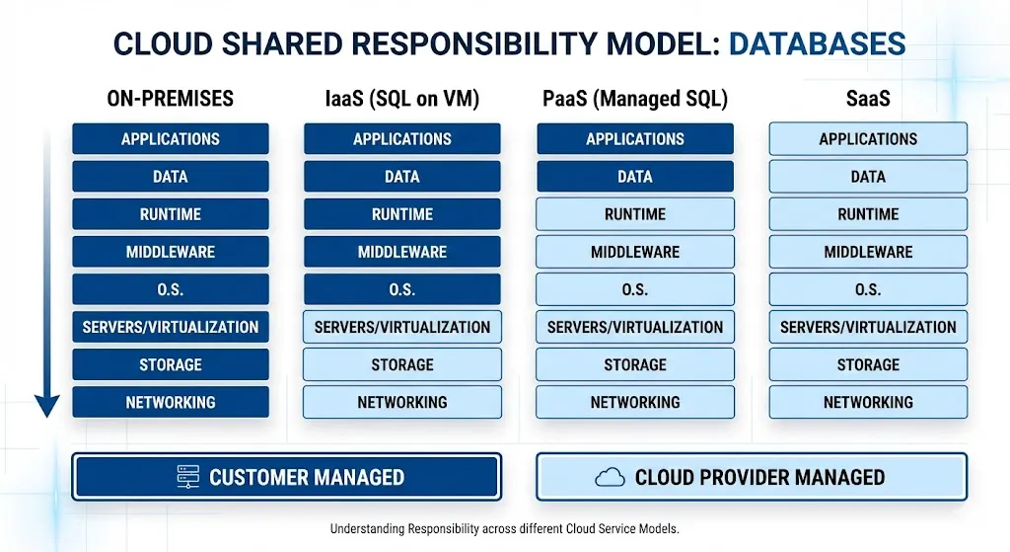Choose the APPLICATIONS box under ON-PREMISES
pyautogui.click(x=170, y=139)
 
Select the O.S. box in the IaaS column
pyautogui.click(x=402, y=289)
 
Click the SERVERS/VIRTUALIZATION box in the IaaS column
pyautogui.click(x=402, y=327)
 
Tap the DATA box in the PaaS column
pyautogui.click(x=635, y=177)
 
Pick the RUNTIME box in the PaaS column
pyautogui.click(x=635, y=214)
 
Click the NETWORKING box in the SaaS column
pyautogui.click(x=868, y=402)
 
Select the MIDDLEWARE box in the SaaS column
pyautogui.click(x=868, y=252)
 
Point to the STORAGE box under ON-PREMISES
pyautogui.click(x=170, y=364)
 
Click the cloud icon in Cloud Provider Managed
pyautogui.click(x=611, y=478)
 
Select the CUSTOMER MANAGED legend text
pyautogui.click(x=307, y=478)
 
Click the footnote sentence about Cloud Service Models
pyautogui.click(x=505, y=529)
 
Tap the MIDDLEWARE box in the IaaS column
pyautogui.click(x=402, y=252)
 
